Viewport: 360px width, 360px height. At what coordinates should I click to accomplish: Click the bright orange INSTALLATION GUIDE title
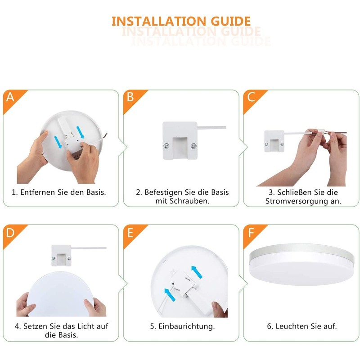tap(181, 21)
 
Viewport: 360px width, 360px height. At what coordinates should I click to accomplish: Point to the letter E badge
tap(130, 233)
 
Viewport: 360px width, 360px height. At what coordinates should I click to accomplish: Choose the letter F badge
tap(251, 233)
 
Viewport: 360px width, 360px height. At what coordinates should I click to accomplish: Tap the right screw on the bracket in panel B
tap(193, 145)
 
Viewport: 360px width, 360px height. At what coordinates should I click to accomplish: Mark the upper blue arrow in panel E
tap(197, 271)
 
